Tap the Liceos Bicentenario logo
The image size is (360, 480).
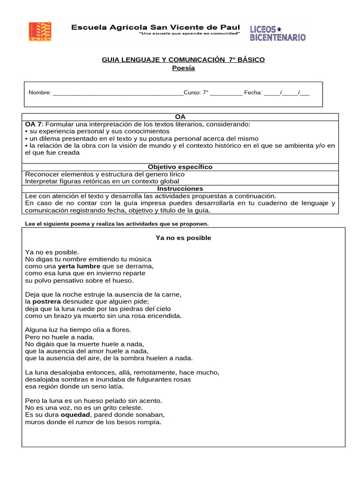[x=277, y=33]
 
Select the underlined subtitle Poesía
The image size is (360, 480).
[x=183, y=68]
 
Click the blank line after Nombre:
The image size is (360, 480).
[x=118, y=93]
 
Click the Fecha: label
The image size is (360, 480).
[x=253, y=93]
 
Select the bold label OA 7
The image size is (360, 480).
[x=34, y=124]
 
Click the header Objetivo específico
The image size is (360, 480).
[x=180, y=167]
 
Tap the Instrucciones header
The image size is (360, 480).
[x=180, y=188]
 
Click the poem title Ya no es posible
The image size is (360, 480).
[x=183, y=238]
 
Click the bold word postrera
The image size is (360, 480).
[x=46, y=301]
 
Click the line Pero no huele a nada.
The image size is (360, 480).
[x=60, y=337]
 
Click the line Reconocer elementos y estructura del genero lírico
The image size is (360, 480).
[x=105, y=174]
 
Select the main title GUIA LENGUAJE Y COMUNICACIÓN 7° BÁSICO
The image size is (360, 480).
[x=183, y=60]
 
